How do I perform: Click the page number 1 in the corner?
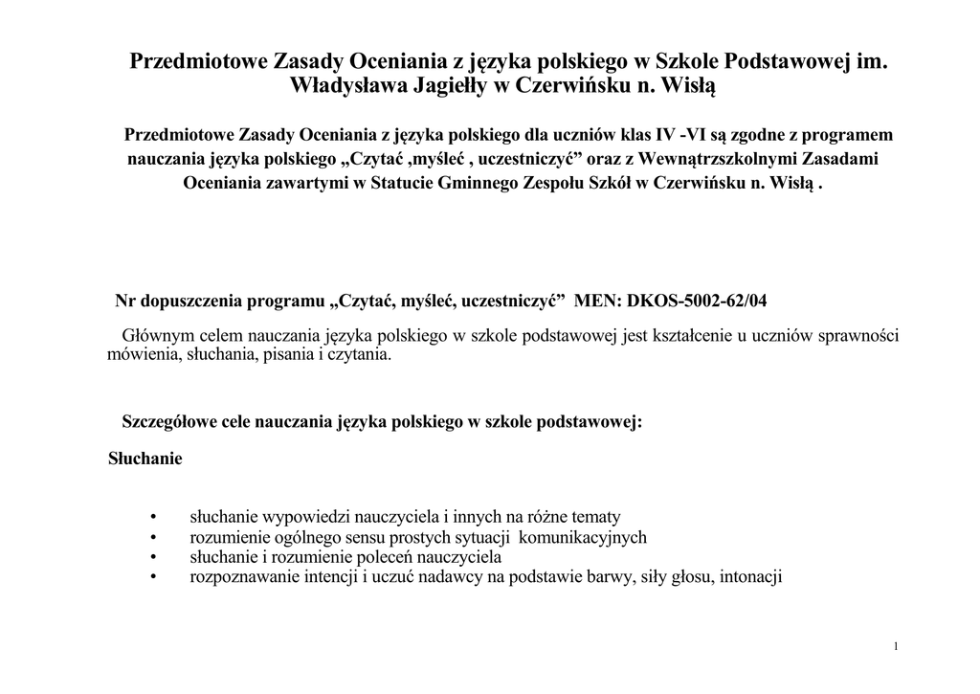click(895, 647)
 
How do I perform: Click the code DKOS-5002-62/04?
click(697, 302)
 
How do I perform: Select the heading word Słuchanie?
click(145, 459)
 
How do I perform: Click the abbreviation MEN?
click(597, 302)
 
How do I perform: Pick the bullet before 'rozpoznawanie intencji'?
click(153, 577)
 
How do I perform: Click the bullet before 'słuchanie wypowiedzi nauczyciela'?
click(153, 517)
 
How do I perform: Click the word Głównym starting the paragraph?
click(156, 336)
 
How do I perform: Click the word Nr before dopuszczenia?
click(125, 302)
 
